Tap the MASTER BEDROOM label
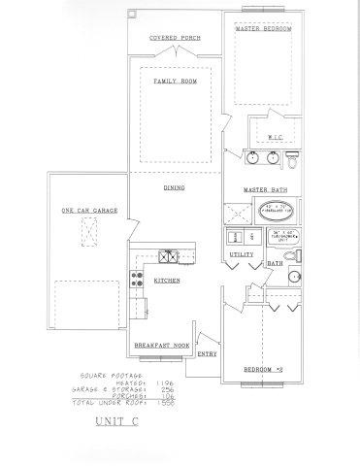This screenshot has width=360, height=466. click(x=264, y=29)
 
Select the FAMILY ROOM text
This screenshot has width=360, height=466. click(x=175, y=82)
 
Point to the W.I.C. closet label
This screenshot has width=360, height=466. click(x=275, y=137)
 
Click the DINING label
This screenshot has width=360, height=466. click(x=175, y=187)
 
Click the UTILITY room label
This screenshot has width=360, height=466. click(x=241, y=254)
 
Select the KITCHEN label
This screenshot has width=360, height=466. click(x=166, y=281)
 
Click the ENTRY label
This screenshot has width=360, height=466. click(x=208, y=354)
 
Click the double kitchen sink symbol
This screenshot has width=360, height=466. click(x=167, y=257)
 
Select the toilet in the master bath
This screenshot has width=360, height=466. click(x=297, y=156)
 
